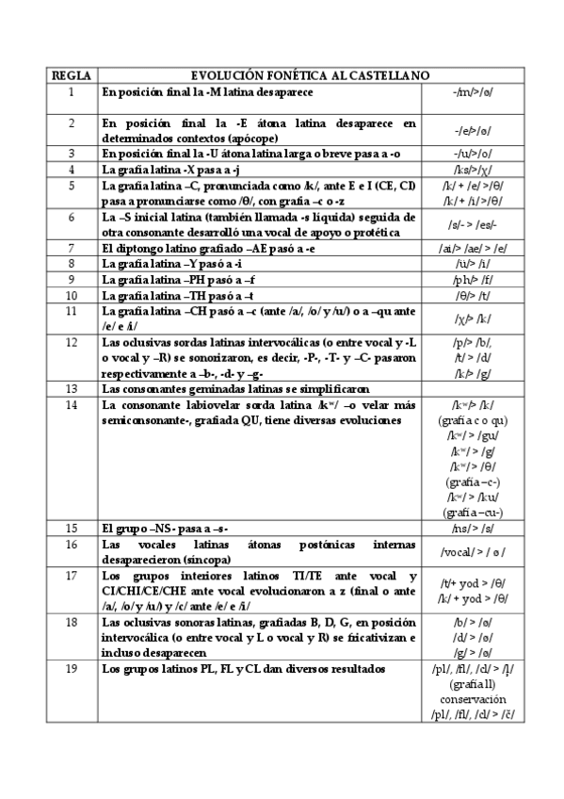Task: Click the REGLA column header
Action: point(70,75)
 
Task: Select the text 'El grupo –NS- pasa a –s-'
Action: point(164,527)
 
